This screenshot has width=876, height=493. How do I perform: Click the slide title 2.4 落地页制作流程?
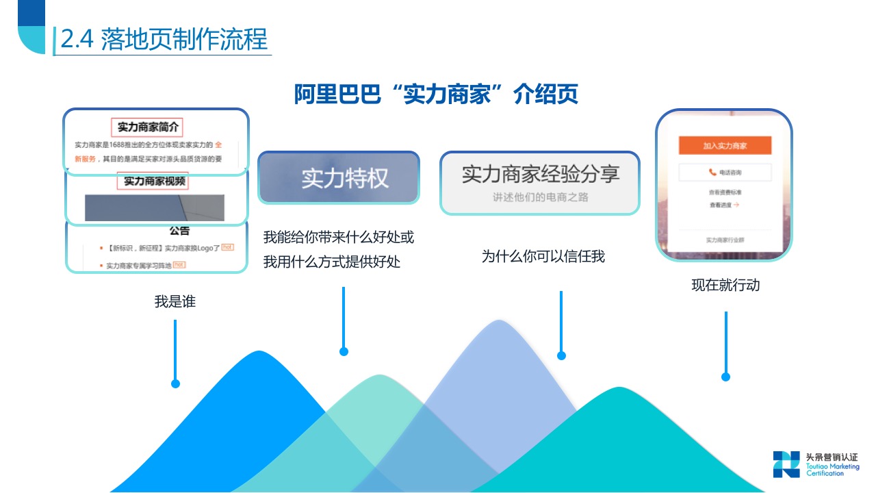(164, 39)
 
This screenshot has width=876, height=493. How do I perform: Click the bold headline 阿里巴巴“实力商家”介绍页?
(436, 94)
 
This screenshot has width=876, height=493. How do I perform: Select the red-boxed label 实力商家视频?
(155, 181)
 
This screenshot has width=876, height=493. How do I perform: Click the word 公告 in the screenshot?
(179, 231)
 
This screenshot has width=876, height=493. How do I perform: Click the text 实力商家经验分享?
(540, 175)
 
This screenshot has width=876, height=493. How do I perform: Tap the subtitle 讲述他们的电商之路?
(540, 197)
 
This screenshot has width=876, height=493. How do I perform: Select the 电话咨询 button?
(725, 173)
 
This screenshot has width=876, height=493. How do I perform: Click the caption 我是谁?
(175, 301)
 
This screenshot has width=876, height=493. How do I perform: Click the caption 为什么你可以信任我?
(543, 257)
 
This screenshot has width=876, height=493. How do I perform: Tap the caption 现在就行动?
(725, 285)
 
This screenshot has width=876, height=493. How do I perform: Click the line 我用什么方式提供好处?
(332, 262)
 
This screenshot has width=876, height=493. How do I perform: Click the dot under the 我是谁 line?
(175, 384)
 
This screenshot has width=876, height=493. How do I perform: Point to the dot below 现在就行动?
(725, 377)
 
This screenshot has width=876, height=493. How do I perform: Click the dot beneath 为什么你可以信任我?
(561, 355)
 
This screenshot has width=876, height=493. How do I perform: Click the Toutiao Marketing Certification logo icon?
(786, 464)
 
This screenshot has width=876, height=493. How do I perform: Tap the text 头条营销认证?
(832, 457)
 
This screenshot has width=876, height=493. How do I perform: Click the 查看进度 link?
(724, 205)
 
